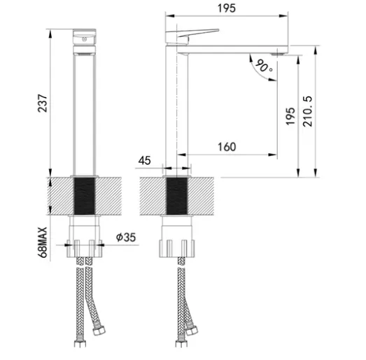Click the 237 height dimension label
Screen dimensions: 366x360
[x=43, y=103]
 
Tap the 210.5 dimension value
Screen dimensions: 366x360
[x=307, y=111]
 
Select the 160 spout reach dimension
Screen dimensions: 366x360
[x=227, y=147]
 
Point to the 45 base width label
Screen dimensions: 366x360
[x=144, y=161]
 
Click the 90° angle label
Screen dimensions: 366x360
[x=264, y=66]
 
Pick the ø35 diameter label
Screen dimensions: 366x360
[x=126, y=238]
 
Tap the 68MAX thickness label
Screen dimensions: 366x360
[x=43, y=243]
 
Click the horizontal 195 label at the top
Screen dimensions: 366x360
[x=227, y=8]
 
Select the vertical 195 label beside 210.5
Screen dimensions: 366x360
[x=290, y=116]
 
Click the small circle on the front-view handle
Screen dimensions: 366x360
[x=84, y=39]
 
